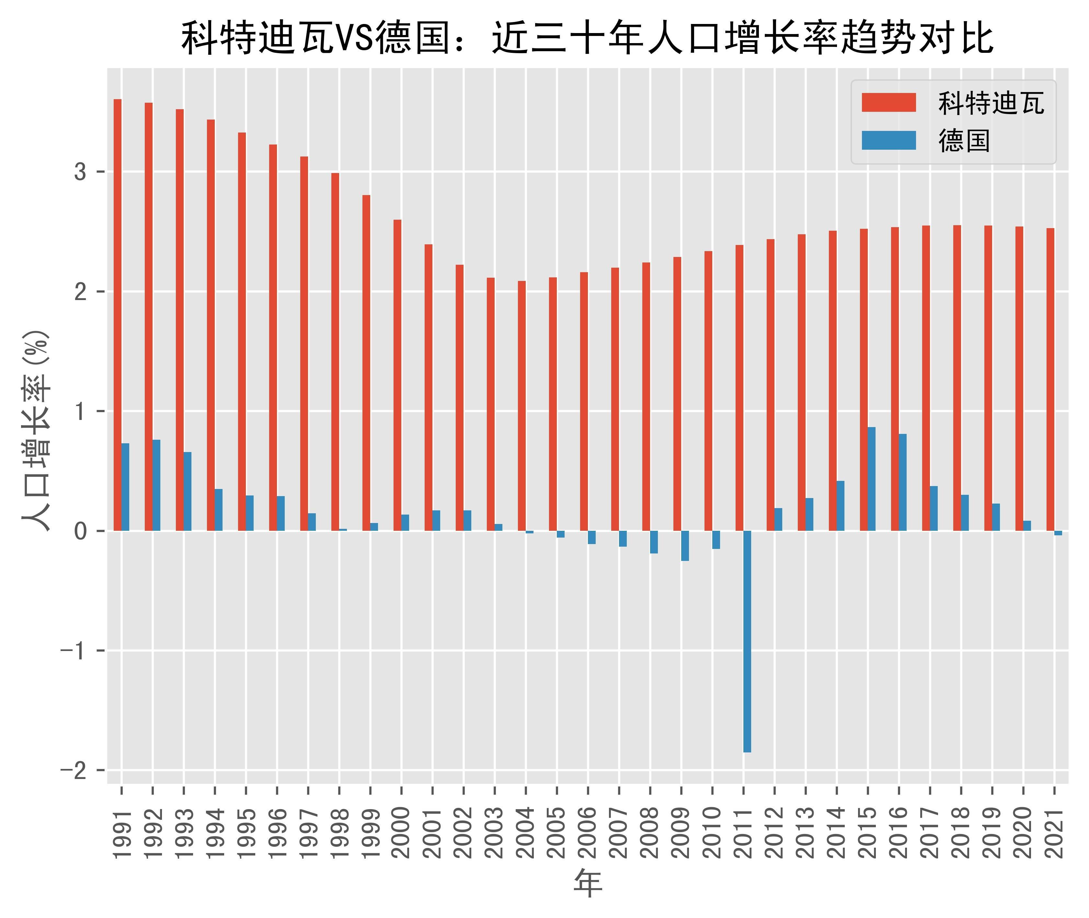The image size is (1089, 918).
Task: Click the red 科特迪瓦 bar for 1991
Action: (x=118, y=315)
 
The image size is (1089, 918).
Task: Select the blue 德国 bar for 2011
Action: (x=747, y=641)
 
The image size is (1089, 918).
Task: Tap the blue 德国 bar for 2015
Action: (x=872, y=479)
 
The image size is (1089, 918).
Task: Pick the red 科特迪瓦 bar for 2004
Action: (x=522, y=406)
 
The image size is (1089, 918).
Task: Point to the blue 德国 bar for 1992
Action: (x=156, y=485)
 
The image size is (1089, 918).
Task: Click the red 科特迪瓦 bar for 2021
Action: (x=1050, y=379)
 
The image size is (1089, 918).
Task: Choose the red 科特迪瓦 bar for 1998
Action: (x=335, y=352)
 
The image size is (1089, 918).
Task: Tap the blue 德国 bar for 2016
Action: (x=903, y=482)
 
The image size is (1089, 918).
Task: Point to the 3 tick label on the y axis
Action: (x=80, y=172)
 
